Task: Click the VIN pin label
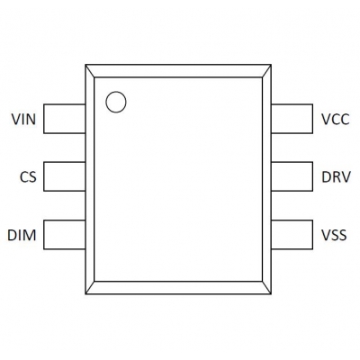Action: coord(23,120)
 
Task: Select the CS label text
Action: coord(28,177)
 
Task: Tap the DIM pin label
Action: coord(22,235)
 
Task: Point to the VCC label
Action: coord(336,120)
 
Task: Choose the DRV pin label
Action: coord(336,177)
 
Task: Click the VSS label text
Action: coord(334,235)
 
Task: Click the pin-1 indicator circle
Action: coord(116,92)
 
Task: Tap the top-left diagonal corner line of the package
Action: coord(90,71)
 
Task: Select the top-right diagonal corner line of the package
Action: coord(267,71)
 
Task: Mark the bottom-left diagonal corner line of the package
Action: coord(90,288)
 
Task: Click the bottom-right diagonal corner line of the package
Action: coord(267,288)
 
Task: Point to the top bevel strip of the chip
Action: coord(178,71)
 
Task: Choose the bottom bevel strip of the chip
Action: coord(178,288)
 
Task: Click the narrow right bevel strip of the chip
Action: coord(267,179)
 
